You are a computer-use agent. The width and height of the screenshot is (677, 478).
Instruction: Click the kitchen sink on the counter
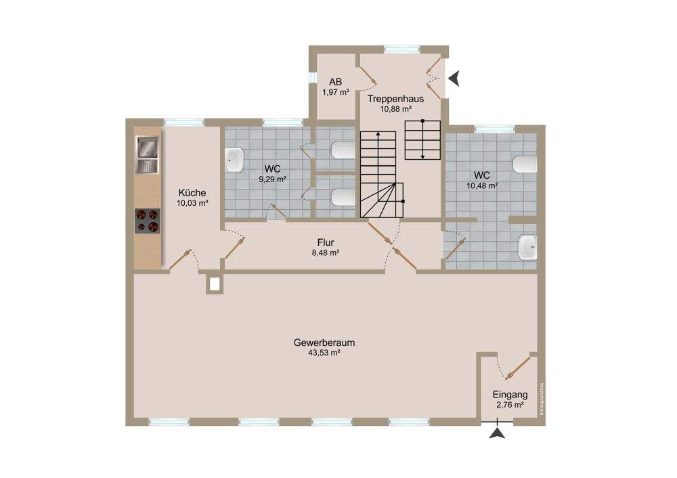point(147,155)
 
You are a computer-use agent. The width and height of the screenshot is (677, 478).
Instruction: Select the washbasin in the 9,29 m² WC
point(234,160)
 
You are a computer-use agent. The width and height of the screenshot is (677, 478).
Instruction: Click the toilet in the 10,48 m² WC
point(526,165)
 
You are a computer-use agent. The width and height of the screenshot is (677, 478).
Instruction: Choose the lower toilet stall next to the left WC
point(342,196)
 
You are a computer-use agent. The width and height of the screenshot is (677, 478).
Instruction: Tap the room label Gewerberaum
point(324,343)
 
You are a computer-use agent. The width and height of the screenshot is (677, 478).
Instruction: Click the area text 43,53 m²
point(324,353)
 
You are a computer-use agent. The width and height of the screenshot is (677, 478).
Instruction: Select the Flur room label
point(326,242)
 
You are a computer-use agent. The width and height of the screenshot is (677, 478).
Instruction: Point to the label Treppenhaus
point(396,99)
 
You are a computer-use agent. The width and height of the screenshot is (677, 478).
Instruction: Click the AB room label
point(335,81)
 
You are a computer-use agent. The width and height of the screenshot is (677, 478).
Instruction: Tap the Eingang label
point(510,395)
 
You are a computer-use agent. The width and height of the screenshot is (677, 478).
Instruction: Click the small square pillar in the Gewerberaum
point(215,284)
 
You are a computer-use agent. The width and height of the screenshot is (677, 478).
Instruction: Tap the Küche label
point(192,192)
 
